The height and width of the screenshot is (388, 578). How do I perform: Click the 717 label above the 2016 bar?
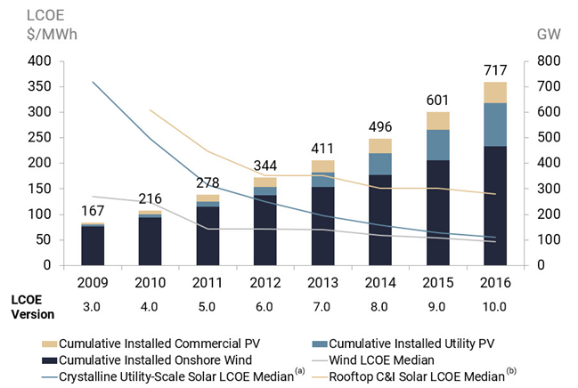click(x=496, y=70)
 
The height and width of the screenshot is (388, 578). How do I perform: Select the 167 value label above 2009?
click(x=93, y=211)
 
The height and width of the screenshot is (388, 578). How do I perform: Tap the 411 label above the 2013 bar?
click(x=323, y=148)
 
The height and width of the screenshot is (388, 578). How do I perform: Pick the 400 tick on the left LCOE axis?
click(x=39, y=61)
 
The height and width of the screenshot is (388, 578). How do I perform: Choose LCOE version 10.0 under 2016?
click(x=496, y=306)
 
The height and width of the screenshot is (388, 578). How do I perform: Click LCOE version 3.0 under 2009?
click(x=93, y=306)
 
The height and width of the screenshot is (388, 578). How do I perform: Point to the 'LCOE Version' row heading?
click(x=33, y=306)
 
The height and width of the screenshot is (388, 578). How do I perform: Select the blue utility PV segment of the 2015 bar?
click(x=438, y=145)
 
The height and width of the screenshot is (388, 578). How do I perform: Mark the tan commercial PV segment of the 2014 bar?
click(x=380, y=146)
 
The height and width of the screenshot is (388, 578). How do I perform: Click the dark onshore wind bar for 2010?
click(x=151, y=240)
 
